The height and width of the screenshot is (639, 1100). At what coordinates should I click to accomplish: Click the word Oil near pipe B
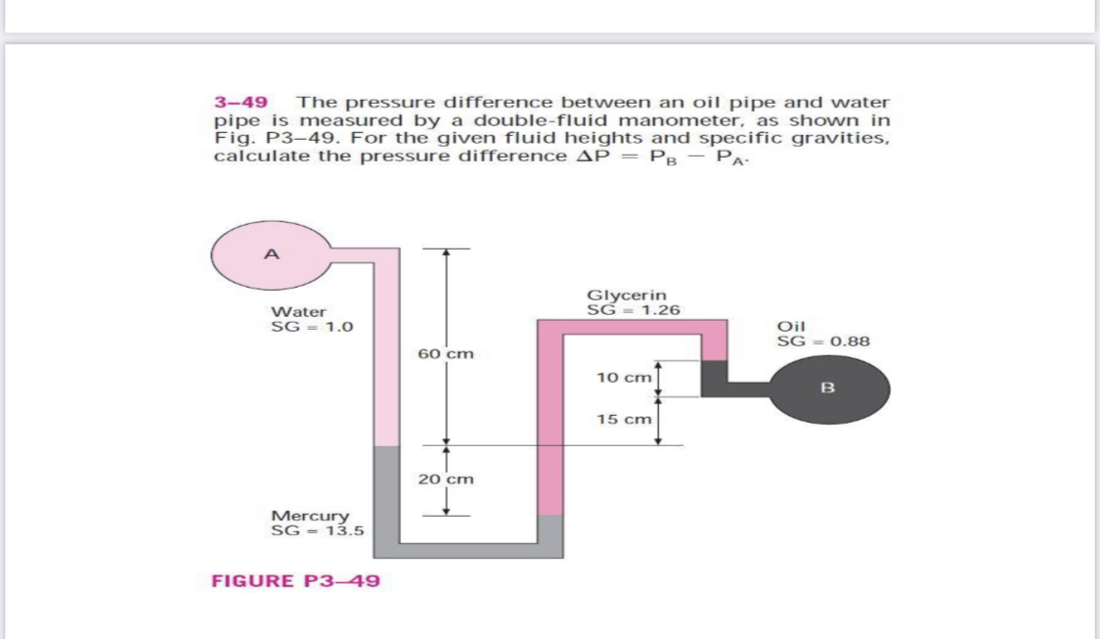pyautogui.click(x=790, y=327)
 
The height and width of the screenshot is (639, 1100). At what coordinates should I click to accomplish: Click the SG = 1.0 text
pyautogui.click(x=304, y=326)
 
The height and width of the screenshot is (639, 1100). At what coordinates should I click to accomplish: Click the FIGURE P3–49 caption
pyautogui.click(x=296, y=581)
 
